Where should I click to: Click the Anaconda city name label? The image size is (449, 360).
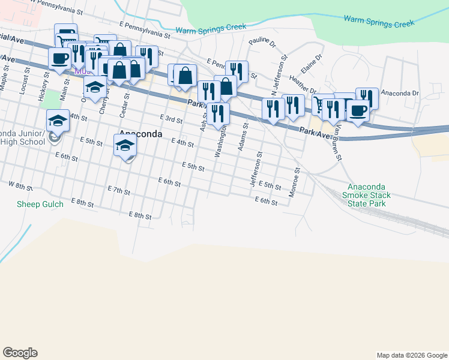click(141, 134)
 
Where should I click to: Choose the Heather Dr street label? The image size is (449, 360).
click(302, 79)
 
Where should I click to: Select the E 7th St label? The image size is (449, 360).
click(119, 190)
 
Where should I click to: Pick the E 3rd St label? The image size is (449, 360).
click(171, 119)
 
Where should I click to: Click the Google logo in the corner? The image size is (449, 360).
click(20, 352)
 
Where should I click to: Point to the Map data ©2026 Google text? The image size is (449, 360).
click(411, 355)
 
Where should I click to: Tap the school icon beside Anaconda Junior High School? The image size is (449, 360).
click(58, 121)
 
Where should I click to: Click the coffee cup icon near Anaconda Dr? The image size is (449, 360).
click(359, 111)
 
